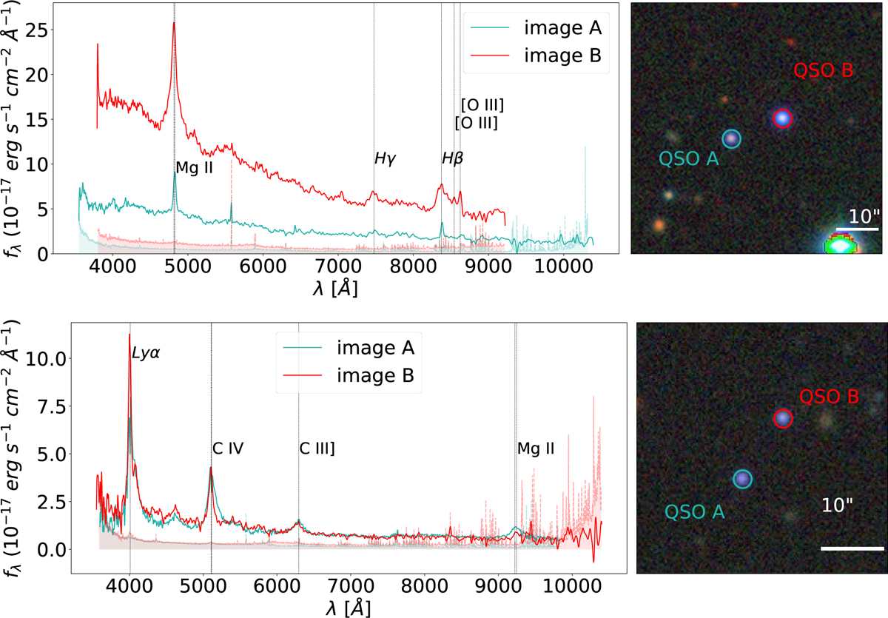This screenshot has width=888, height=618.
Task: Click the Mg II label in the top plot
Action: coord(194,168)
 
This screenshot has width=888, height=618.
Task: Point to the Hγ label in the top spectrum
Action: coord(385,158)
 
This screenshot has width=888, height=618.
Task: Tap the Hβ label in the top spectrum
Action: coord(452,158)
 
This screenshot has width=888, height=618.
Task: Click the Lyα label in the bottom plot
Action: coord(146,352)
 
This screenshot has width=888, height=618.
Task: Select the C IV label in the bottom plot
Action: coord(228,449)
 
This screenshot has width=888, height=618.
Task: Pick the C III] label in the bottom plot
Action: coord(317,449)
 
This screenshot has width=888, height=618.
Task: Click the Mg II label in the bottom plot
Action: coord(536,449)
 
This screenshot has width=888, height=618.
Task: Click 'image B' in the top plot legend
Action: coord(563,55)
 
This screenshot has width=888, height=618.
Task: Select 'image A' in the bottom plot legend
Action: coord(375,348)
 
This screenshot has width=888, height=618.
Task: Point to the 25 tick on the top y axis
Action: coord(36,30)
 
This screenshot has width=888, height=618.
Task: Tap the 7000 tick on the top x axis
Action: coord(338,266)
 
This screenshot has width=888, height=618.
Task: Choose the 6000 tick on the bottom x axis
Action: coord(277,586)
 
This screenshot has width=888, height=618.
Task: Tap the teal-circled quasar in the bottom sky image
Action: coord(742,480)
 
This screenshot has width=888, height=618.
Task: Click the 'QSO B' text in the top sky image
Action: coord(823,70)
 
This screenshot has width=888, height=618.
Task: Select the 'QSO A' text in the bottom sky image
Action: coord(695,511)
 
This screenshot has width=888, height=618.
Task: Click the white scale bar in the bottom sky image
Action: coord(852,548)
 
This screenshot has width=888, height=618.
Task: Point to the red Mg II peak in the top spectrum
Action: coord(174,23)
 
